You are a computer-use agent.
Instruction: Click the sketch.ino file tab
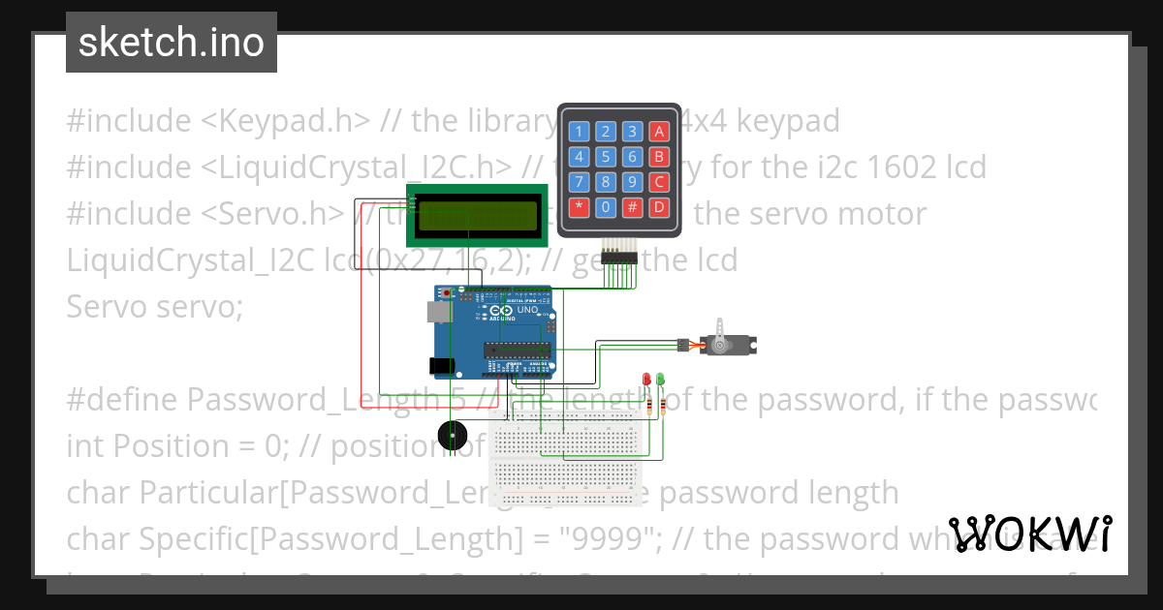171,43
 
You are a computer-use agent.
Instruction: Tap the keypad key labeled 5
606,156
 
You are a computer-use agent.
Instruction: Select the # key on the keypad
632,206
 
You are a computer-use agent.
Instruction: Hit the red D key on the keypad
659,206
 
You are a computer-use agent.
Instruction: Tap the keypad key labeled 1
580,132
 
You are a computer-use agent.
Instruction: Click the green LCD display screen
478,215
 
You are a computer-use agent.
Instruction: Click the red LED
646,379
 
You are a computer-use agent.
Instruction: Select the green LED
661,379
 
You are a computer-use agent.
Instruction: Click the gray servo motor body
731,344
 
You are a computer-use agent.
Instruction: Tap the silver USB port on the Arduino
437,310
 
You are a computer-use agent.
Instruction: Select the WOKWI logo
1029,534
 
